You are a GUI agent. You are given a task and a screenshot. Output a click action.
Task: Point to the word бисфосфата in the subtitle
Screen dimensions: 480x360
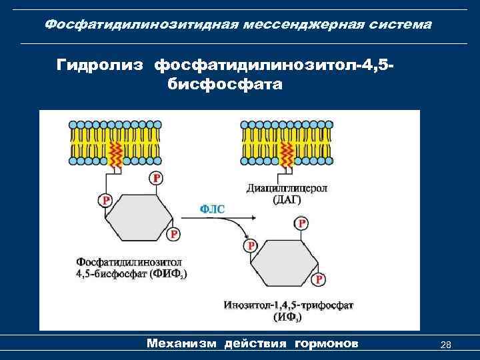coord(221,86)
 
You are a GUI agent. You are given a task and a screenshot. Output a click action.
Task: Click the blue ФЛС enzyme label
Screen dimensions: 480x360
coord(213,209)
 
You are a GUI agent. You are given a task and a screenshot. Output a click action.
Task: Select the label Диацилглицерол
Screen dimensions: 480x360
coord(287,188)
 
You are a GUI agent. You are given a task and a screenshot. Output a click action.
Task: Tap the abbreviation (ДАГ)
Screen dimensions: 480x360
coord(287,199)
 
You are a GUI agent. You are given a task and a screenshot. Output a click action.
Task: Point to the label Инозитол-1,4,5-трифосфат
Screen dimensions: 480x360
coord(288,305)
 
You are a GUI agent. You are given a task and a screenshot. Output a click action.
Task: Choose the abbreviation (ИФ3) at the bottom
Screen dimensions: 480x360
coord(287,317)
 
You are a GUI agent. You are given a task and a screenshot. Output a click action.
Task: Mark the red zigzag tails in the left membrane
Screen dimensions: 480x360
coord(115,155)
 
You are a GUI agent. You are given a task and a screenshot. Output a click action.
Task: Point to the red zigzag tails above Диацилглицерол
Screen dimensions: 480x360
coord(287,155)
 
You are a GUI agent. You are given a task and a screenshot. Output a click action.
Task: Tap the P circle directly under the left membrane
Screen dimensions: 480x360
coord(156,178)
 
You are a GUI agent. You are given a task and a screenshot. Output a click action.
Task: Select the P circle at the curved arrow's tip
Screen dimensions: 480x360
coord(251,245)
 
